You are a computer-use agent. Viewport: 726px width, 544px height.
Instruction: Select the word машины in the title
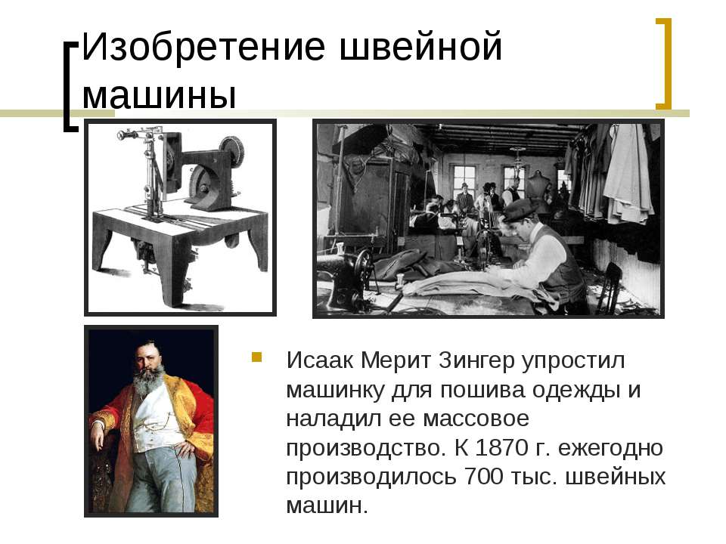[x=160, y=96]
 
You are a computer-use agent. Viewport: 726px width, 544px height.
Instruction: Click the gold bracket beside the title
[x=664, y=63]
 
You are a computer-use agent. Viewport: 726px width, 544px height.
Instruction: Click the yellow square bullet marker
[x=256, y=357]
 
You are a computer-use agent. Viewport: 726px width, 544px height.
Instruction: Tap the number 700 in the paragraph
[x=483, y=476]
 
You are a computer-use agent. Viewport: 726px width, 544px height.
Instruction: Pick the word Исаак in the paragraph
[x=320, y=360]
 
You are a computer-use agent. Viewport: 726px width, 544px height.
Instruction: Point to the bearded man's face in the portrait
[x=147, y=357]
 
